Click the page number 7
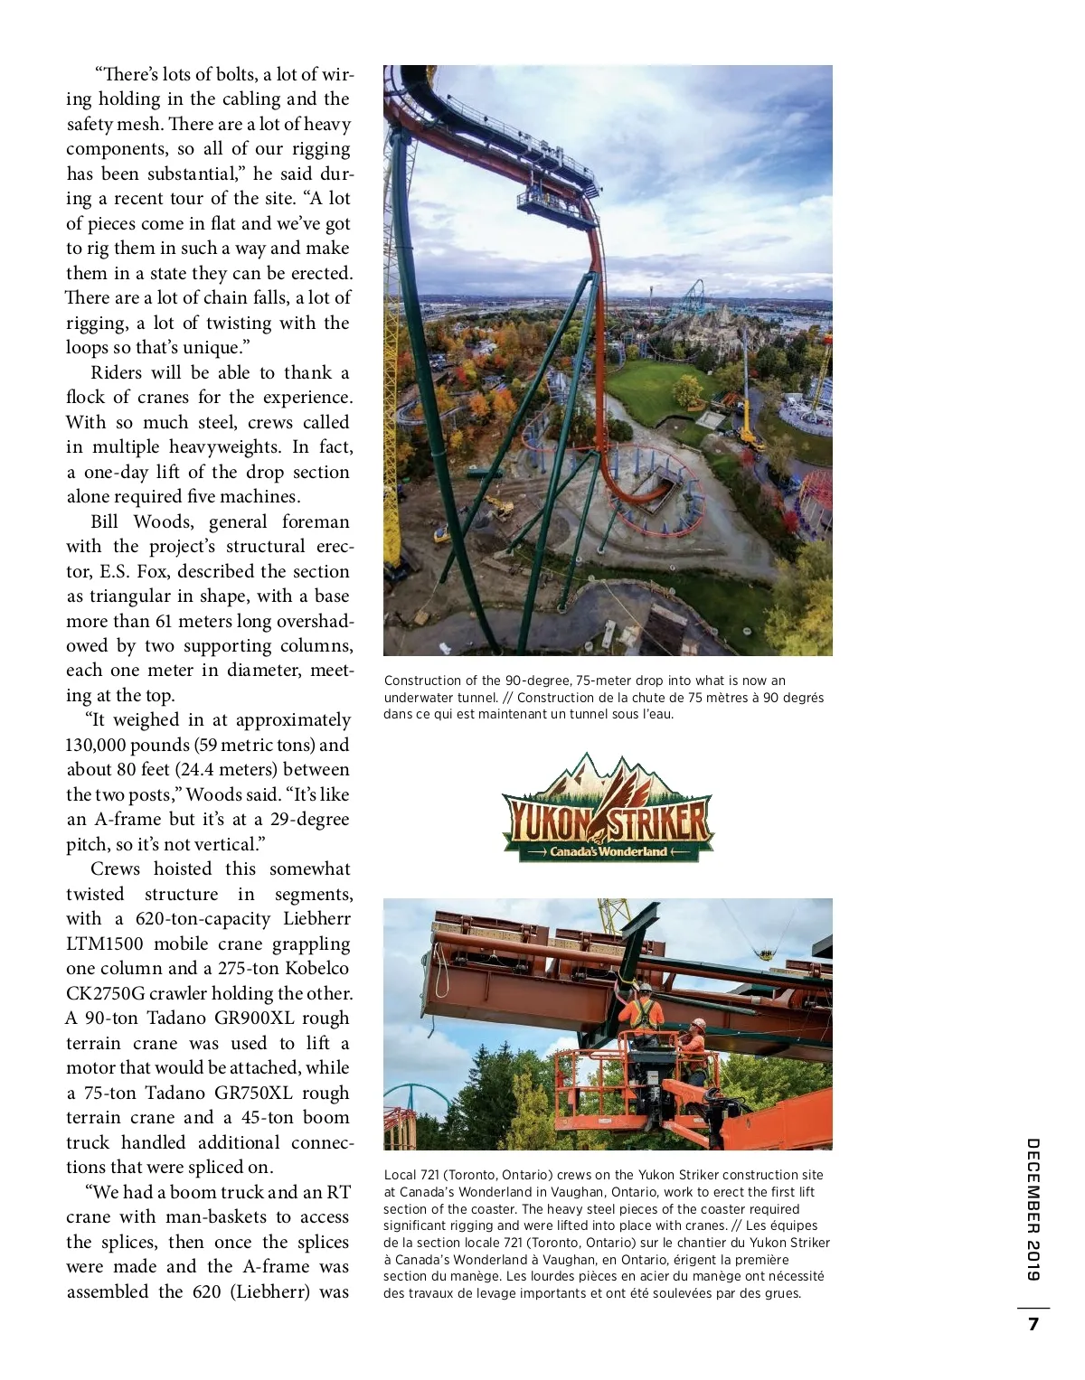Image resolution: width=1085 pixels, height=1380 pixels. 1033,1324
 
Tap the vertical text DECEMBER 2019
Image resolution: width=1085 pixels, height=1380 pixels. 1033,1209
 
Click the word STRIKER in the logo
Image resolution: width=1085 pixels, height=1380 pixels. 661,821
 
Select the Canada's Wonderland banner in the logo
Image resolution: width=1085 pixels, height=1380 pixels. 608,851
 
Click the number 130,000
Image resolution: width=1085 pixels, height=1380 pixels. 97,745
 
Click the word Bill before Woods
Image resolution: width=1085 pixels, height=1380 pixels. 104,521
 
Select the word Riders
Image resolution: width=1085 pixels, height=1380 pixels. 116,372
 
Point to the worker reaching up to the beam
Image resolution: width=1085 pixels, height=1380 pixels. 643,1011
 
